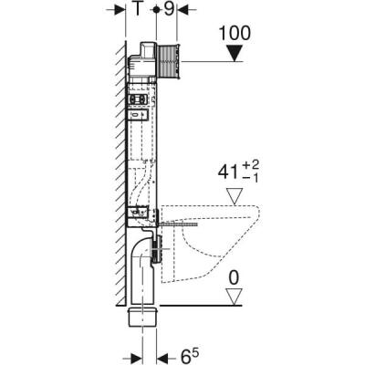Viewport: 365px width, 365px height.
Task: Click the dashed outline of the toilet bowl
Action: tap(246, 242)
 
